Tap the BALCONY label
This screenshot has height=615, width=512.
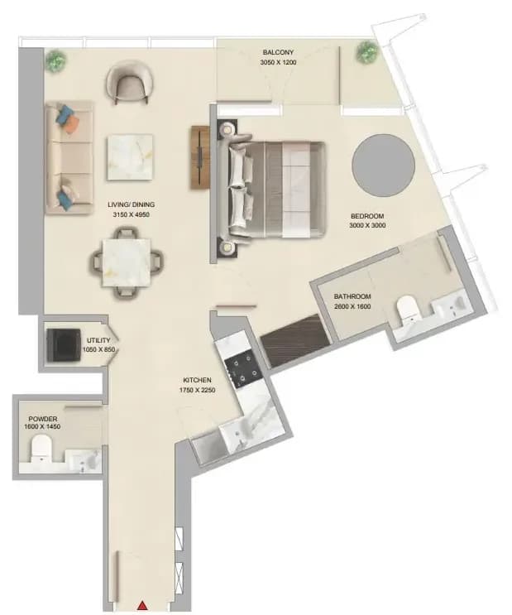(x=278, y=52)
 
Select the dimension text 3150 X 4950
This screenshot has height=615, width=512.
(x=131, y=214)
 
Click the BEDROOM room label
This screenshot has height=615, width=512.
(x=367, y=216)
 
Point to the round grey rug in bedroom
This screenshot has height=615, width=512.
(x=383, y=166)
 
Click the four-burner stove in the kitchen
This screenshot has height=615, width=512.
(x=243, y=371)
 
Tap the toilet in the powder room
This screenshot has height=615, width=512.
(x=41, y=449)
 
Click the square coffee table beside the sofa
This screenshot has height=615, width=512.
(x=129, y=157)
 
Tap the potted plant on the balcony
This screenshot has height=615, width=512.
(x=367, y=51)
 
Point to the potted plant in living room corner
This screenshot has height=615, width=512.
(x=56, y=60)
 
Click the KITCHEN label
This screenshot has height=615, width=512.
(x=197, y=380)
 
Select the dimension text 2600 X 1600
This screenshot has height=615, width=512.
(x=352, y=306)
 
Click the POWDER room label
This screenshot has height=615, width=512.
(x=42, y=419)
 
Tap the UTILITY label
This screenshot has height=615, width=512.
(x=98, y=340)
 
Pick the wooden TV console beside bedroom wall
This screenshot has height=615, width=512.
(x=200, y=157)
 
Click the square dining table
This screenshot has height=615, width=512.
(x=127, y=262)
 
